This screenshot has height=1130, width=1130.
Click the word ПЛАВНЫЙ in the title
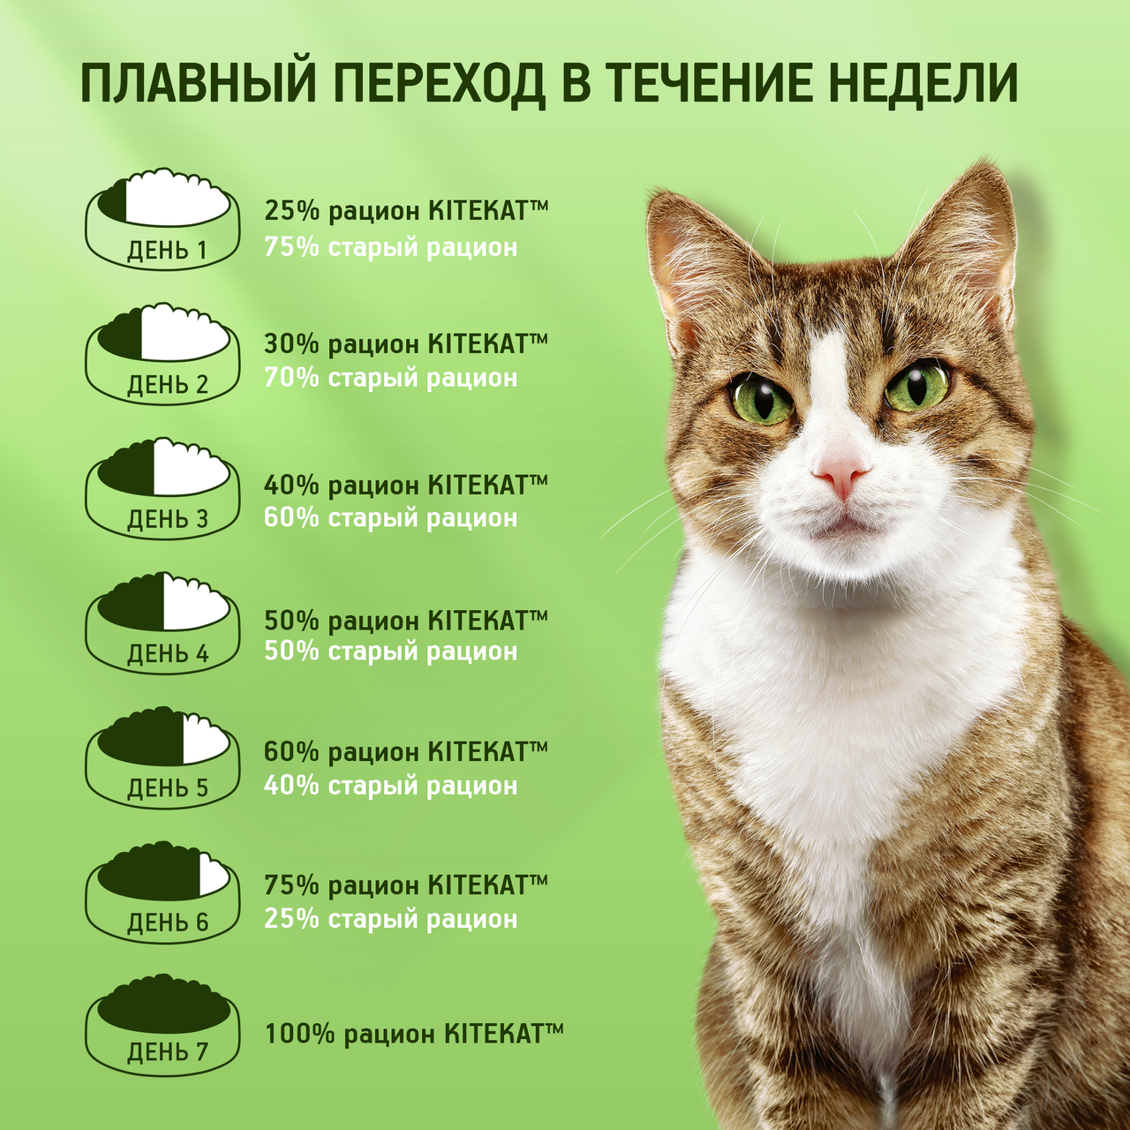tap(199, 83)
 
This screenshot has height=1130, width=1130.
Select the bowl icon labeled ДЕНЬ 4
tap(163, 623)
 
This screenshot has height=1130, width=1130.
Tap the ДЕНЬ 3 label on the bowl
tap(168, 519)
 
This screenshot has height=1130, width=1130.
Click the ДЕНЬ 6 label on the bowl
tap(168, 923)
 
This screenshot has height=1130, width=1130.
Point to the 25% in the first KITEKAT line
tap(291, 211)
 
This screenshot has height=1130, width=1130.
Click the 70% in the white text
tap(291, 378)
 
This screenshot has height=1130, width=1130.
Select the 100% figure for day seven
tap(300, 1034)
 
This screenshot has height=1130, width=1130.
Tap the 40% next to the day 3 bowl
tap(291, 485)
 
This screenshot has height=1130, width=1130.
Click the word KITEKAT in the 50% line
tap(478, 620)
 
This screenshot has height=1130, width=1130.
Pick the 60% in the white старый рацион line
tap(291, 517)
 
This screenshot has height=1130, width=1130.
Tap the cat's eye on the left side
tap(762, 399)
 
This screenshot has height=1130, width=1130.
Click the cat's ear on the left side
tap(697, 256)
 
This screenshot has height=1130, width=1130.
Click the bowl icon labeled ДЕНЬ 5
tap(163, 757)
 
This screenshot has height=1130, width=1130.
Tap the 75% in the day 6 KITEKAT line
tap(291, 885)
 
